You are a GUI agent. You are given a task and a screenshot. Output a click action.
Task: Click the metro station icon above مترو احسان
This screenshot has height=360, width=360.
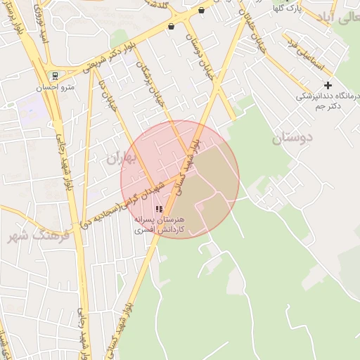coord(55,76)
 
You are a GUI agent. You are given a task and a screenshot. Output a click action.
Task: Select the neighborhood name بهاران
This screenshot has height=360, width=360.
coord(120,158)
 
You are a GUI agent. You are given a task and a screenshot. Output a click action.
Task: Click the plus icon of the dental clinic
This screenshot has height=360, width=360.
coord(328,85)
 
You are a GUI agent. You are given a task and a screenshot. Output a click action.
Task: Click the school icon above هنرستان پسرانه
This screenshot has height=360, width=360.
coord(158,209)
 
